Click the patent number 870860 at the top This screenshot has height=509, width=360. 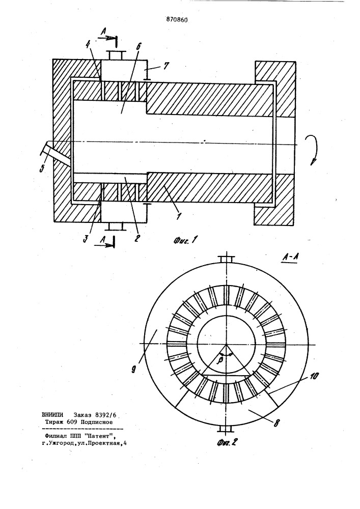pos(177,20)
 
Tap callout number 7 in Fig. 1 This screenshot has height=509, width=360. pos(165,66)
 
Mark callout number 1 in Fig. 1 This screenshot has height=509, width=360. pos(178,216)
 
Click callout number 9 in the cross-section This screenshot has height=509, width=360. pos(133,370)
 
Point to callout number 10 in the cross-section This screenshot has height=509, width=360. pos(314,377)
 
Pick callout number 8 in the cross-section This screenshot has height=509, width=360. pos(276,423)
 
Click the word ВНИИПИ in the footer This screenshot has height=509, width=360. pos(53,415)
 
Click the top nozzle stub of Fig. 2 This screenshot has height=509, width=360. pos(226,260)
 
